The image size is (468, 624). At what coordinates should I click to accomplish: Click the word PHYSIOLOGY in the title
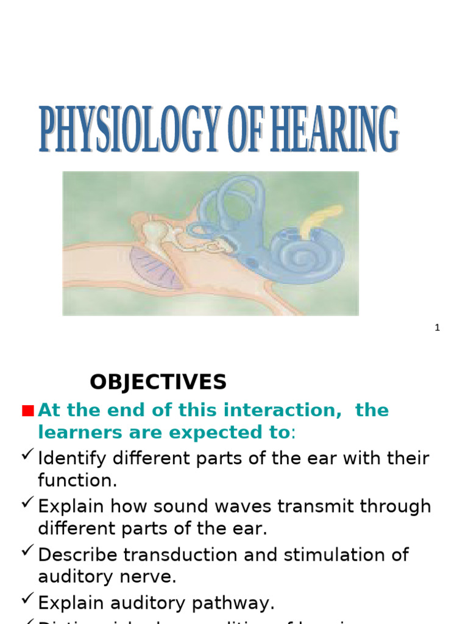tap(129, 130)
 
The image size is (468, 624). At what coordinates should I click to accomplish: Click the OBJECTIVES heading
tap(158, 382)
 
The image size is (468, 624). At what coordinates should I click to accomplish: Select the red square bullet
tap(27, 411)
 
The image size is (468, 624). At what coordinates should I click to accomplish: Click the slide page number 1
tap(437, 328)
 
